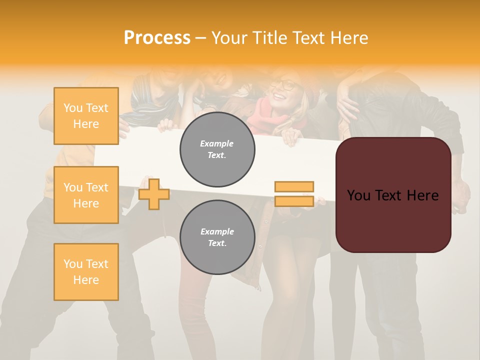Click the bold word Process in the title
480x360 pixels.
157,37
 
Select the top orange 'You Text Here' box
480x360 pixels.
86,116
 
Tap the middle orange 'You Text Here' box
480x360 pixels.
86,195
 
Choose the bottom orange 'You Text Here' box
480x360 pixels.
86,272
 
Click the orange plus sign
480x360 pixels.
154,194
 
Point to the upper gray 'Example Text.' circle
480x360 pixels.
217,149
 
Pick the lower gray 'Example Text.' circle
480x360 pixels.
217,237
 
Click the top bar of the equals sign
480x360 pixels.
294,187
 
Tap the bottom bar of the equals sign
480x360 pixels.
294,201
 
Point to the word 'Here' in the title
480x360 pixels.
350,37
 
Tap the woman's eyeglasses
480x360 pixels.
285,85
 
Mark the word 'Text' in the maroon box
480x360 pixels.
391,195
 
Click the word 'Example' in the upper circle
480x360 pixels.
217,143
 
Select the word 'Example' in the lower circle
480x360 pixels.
217,231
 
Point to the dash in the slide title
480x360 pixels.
201,37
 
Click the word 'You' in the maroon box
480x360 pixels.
359,195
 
